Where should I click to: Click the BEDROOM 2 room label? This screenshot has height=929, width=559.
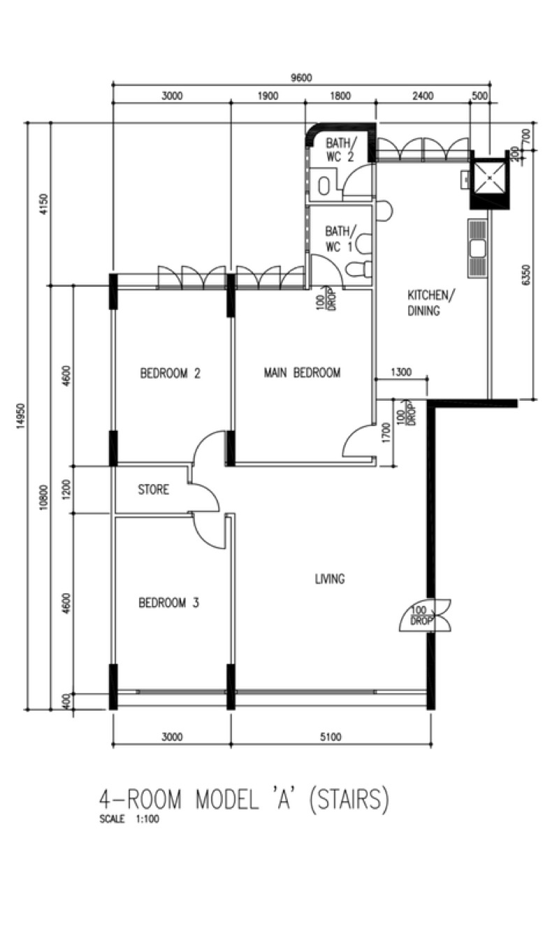click(x=170, y=374)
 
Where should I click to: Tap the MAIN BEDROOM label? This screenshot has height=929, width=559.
click(x=302, y=373)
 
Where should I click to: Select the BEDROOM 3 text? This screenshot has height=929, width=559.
click(x=168, y=602)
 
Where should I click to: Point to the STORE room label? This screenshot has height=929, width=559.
click(x=153, y=490)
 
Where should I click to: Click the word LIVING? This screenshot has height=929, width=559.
click(x=330, y=579)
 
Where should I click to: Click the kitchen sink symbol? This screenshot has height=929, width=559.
click(x=478, y=248)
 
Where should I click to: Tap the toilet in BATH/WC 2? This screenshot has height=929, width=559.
click(x=325, y=185)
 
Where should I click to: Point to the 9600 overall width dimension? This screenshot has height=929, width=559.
click(x=300, y=78)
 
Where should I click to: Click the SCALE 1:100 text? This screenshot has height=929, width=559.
click(x=129, y=819)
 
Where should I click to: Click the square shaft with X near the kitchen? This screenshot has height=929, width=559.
click(x=491, y=180)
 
